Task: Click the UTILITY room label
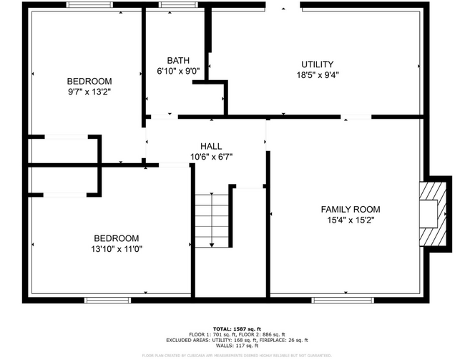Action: coord(317,64)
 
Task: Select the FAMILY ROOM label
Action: coord(350,210)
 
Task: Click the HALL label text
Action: coord(211,146)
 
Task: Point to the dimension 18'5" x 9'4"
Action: coord(318,74)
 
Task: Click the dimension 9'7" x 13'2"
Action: coord(89,92)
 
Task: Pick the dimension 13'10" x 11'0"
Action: coord(116,249)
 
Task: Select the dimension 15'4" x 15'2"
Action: coord(350,220)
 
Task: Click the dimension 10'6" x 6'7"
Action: coord(211,157)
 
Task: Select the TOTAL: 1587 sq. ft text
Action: coord(232,328)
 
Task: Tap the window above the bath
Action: coord(170,5)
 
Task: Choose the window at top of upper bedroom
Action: coord(89,5)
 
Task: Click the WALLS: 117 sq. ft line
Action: coord(232,347)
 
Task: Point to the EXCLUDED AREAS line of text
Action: coord(232,341)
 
